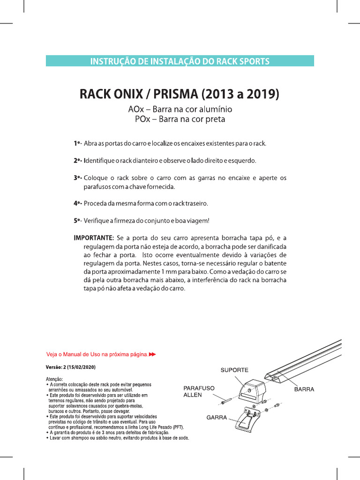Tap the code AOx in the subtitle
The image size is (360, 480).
click(136, 109)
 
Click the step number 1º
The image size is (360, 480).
click(77, 143)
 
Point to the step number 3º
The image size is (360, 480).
click(77, 178)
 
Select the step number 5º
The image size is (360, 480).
click(77, 220)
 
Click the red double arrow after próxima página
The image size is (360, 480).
click(152, 354)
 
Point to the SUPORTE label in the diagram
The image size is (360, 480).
click(234, 370)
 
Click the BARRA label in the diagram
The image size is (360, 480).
click(304, 389)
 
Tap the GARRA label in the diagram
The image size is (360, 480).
click(217, 417)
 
